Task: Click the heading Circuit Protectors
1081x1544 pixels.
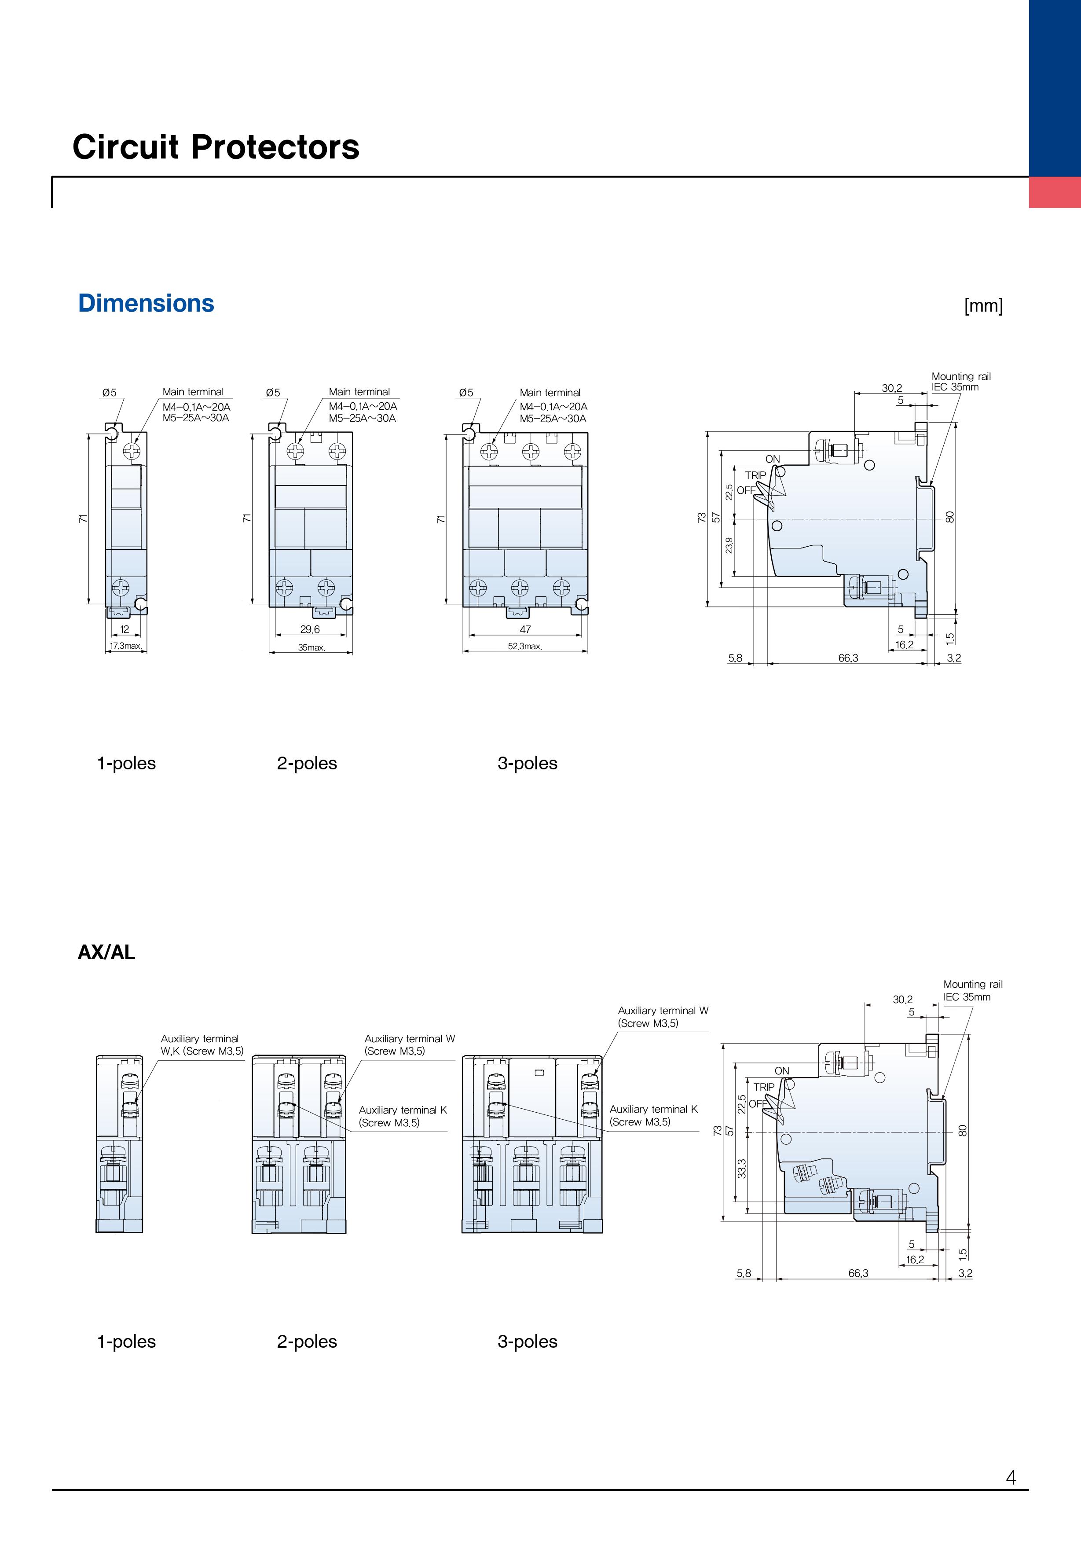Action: click(216, 147)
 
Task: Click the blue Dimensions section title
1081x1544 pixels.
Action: click(146, 303)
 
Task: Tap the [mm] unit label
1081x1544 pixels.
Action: click(983, 306)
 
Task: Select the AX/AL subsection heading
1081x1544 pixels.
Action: click(106, 952)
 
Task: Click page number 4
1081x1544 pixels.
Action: click(1011, 1478)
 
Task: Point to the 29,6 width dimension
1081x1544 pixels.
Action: click(310, 629)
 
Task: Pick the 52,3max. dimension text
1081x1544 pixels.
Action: click(525, 646)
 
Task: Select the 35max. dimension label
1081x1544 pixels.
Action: click(311, 647)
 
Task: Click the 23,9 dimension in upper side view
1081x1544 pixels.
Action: click(729, 545)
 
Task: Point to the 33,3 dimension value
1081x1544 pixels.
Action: click(741, 1168)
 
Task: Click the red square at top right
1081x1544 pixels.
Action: click(1055, 192)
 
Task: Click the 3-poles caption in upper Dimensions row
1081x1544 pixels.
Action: click(528, 763)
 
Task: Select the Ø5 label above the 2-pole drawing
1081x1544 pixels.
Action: click(273, 393)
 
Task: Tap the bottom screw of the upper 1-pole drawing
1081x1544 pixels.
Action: click(121, 588)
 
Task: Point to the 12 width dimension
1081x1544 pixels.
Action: click(125, 629)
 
